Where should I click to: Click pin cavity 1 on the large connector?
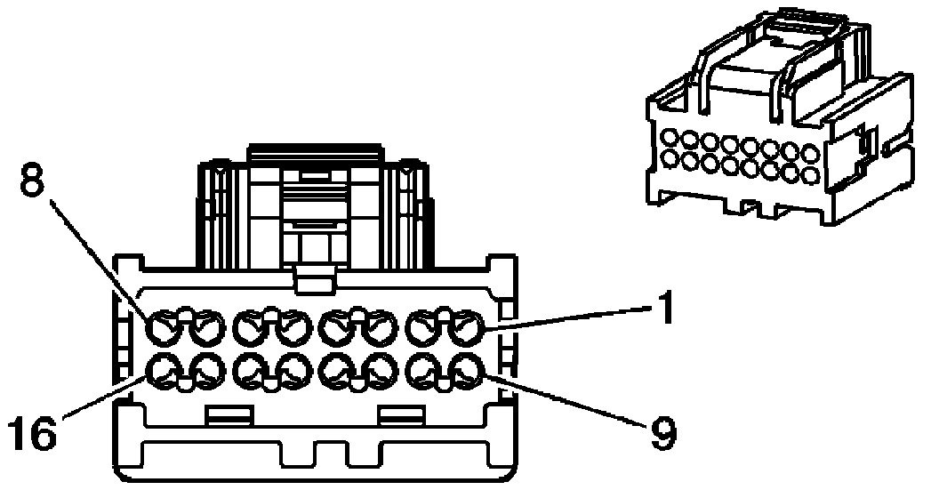click(465, 331)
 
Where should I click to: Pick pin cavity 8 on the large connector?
click(165, 331)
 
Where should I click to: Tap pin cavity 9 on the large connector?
click(465, 371)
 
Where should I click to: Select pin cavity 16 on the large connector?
click(165, 371)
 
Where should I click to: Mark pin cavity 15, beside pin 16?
click(208, 371)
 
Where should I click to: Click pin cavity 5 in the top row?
click(293, 331)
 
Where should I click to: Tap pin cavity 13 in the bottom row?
click(293, 371)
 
